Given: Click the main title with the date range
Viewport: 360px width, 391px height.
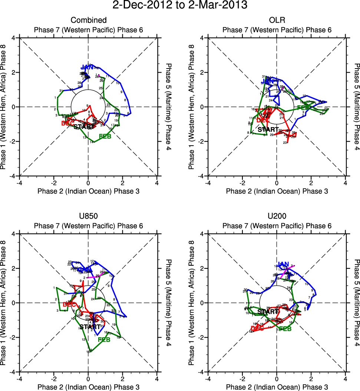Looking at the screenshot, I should (x=180, y=5).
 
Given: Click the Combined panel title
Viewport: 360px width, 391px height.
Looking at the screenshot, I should (x=88, y=20).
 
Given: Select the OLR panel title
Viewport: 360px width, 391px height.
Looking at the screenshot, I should (x=277, y=20).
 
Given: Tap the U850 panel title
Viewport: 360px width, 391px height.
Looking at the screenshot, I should (x=88, y=216).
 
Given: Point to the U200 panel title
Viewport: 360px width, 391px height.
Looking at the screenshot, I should (x=277, y=216).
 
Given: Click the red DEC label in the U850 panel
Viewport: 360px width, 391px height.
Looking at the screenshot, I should (x=69, y=305).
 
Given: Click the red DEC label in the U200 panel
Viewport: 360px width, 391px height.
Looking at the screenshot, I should (x=257, y=328).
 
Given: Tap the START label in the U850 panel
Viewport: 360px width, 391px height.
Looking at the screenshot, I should (x=90, y=327).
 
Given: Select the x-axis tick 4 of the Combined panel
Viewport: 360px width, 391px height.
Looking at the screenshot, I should (x=157, y=183).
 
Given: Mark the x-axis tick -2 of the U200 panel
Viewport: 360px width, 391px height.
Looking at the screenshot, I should (x=242, y=379).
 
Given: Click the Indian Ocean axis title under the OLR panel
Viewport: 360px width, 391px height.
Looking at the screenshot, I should (x=277, y=191).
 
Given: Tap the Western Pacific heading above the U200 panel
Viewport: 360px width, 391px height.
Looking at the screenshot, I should (x=277, y=226).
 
